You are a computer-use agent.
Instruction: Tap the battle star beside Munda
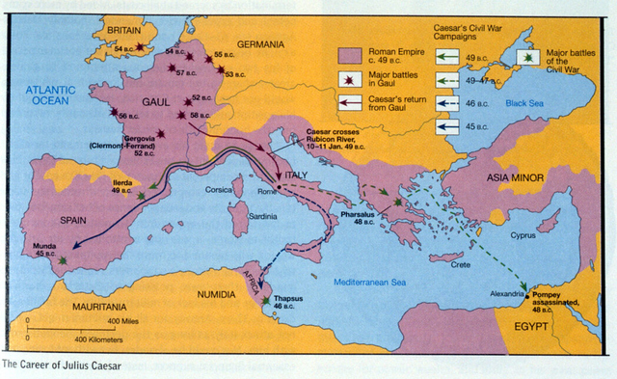[63, 260]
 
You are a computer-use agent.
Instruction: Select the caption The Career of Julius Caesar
[63, 365]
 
